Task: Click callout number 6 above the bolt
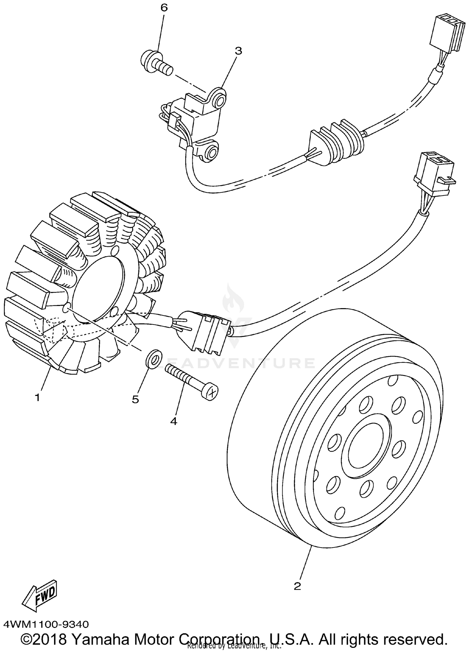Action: point(164,8)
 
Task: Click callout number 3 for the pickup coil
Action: point(238,51)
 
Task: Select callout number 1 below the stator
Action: point(37,398)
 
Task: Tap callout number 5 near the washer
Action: point(135,399)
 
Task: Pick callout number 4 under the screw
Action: point(174,421)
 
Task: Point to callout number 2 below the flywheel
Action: point(297,586)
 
